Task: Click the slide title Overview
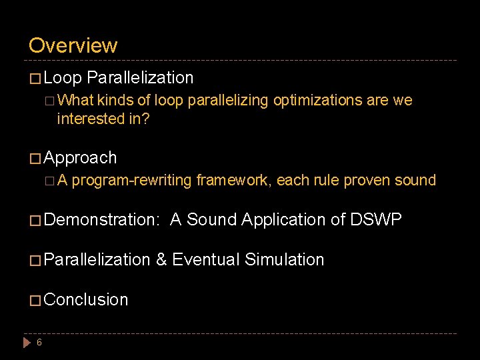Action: click(x=73, y=45)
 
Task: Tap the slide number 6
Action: click(x=39, y=343)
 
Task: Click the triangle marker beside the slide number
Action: click(x=27, y=343)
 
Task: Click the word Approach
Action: click(x=80, y=158)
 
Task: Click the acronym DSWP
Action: click(x=376, y=219)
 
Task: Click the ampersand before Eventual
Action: click(x=161, y=259)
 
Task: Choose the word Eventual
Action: click(x=206, y=259)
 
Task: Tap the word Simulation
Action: click(x=285, y=259)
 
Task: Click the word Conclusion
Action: click(x=86, y=299)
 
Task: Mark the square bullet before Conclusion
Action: click(x=35, y=300)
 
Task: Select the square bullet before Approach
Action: click(x=35, y=159)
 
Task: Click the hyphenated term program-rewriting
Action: click(x=132, y=180)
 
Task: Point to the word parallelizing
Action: click(x=229, y=101)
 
